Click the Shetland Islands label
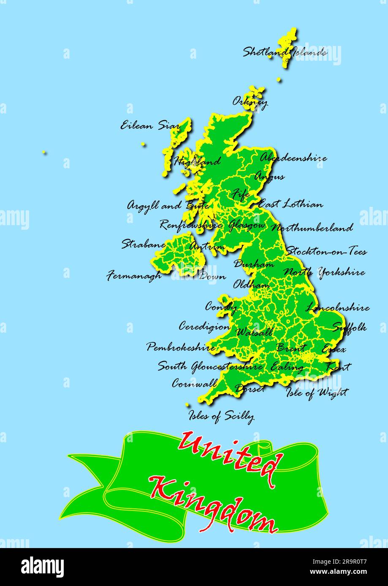pyautogui.click(x=284, y=53)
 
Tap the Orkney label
pyautogui.click(x=250, y=102)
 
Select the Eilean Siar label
pyautogui.click(x=149, y=126)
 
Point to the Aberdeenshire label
pyautogui.click(x=293, y=158)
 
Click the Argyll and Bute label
pyautogui.click(x=168, y=206)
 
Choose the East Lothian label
pyautogui.click(x=290, y=204)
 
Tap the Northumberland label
pyautogui.click(x=312, y=228)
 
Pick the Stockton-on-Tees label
pyautogui.click(x=326, y=252)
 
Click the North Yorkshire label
pyautogui.click(x=324, y=272)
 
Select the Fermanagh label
pyautogui.click(x=134, y=276)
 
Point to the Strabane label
pyautogui.click(x=144, y=244)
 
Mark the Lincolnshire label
pyautogui.click(x=337, y=308)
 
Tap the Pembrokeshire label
pyautogui.click(x=181, y=347)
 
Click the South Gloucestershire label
pyautogui.click(x=210, y=366)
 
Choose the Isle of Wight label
pyautogui.click(x=317, y=393)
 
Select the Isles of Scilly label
pyautogui.click(x=221, y=416)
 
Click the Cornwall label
pyautogui.click(x=195, y=384)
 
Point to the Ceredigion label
pyautogui.click(x=204, y=326)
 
